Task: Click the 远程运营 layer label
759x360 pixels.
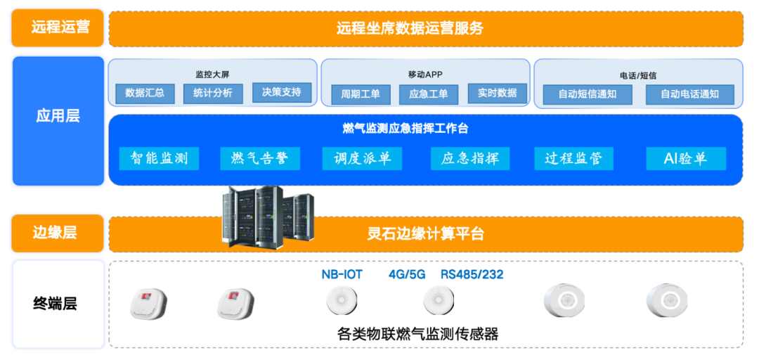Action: pos(58,28)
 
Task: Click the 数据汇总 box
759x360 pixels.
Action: pos(145,93)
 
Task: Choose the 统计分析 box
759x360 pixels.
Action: pos(213,93)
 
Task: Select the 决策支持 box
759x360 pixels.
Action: pos(281,92)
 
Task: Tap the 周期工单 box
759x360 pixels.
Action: pos(360,94)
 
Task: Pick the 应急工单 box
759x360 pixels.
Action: pos(428,94)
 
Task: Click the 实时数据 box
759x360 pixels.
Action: pos(497,93)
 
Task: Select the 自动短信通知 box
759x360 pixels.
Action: pos(587,94)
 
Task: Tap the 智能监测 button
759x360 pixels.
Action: pos(159,158)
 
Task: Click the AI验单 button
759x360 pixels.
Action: pos(685,158)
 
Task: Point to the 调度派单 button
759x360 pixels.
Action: pos(362,158)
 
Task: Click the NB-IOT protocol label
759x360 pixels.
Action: pos(342,274)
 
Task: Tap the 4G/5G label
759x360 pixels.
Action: pos(407,274)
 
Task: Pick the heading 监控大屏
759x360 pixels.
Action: pos(213,75)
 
